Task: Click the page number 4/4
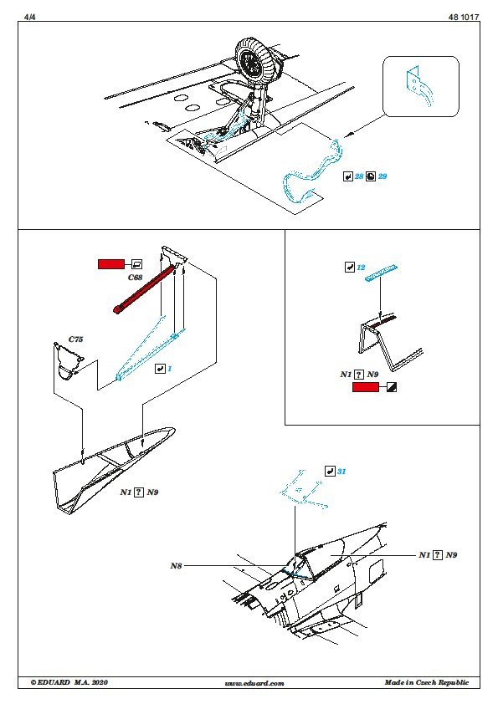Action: [x=29, y=17]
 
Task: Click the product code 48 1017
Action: [x=464, y=17]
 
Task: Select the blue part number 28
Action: [x=359, y=176]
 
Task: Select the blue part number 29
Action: [x=382, y=176]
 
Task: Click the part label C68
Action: [x=135, y=278]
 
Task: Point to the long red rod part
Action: [x=144, y=289]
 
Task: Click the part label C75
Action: [x=75, y=339]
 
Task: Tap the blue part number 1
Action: [x=169, y=369]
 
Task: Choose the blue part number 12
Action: [x=361, y=268]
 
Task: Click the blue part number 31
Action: [x=341, y=471]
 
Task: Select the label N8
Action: [x=176, y=566]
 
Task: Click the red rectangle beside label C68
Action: [x=111, y=264]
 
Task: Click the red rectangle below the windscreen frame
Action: [x=366, y=387]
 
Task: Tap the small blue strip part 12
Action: [x=381, y=273]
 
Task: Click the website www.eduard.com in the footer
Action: [x=254, y=683]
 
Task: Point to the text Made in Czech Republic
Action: [x=427, y=682]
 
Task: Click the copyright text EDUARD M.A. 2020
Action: [x=69, y=682]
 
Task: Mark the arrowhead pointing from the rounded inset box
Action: [x=348, y=135]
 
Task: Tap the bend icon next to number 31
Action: [x=330, y=471]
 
